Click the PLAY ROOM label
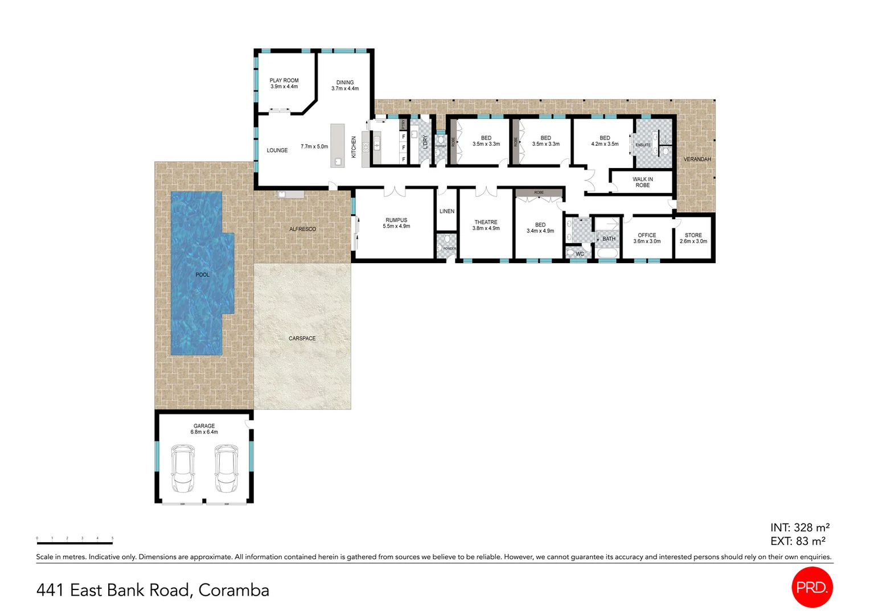284,81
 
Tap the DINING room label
344,83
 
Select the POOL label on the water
202,275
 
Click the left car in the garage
183,469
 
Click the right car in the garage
226,469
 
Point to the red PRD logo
812,587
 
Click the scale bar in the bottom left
75,543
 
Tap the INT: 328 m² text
799,528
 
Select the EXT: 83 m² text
798,542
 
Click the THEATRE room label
486,223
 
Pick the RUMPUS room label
396,220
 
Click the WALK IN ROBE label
642,182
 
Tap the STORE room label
693,235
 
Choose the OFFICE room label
647,235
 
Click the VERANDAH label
697,159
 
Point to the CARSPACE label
302,339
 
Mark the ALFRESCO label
302,229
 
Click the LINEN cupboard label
447,211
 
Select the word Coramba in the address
233,591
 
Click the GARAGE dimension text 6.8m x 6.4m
204,432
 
